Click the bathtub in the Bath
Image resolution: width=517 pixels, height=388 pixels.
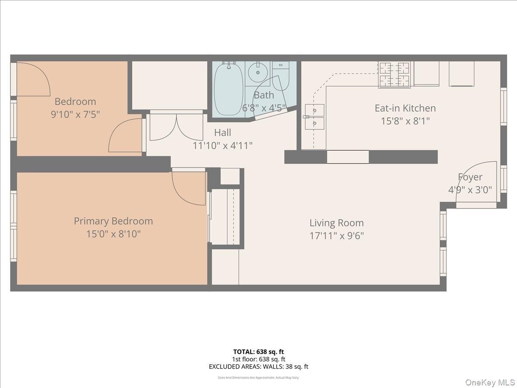(229, 89)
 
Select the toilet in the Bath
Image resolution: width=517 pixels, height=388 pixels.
(280, 75)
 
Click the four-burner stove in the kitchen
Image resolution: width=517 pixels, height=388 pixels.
(394, 75)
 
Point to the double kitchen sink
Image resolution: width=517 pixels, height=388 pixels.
(315, 117)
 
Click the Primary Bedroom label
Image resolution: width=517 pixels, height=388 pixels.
(113, 221)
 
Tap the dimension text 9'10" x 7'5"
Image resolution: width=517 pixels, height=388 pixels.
(75, 115)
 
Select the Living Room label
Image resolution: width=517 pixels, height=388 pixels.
(336, 223)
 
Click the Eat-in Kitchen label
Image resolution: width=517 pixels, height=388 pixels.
(405, 108)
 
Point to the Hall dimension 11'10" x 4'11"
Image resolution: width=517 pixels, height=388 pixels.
(222, 146)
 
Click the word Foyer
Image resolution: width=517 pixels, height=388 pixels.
(470, 177)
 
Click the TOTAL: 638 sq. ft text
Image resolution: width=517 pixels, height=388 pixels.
(258, 352)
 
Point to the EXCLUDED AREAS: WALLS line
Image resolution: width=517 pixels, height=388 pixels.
(258, 367)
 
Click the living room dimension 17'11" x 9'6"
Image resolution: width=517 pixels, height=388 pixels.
(336, 236)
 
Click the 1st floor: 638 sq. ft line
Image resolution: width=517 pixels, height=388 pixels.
(258, 359)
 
